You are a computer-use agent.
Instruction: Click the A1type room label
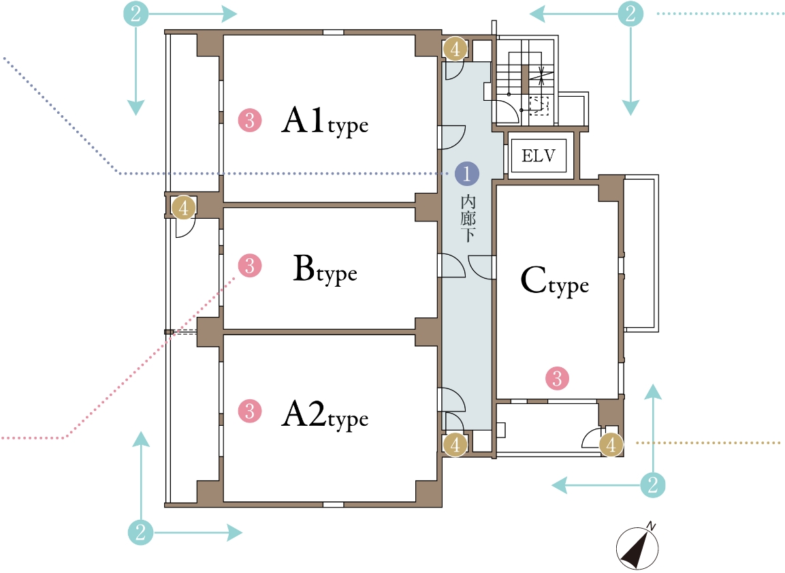(x=325, y=121)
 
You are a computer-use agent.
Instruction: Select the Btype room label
(x=325, y=270)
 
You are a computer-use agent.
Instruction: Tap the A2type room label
(x=325, y=416)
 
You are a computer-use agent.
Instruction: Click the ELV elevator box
(x=539, y=156)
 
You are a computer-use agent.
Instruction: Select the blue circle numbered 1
(x=466, y=174)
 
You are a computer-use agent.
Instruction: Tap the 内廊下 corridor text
(x=468, y=219)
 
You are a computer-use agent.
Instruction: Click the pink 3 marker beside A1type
(x=250, y=120)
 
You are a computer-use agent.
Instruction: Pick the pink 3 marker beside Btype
(x=250, y=266)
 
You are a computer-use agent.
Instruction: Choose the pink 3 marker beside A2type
(x=250, y=412)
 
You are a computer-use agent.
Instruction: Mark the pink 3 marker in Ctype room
(x=557, y=378)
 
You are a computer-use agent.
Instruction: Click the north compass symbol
(x=637, y=547)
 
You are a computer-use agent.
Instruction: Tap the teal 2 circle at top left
(x=135, y=14)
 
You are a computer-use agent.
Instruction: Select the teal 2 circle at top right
(x=630, y=14)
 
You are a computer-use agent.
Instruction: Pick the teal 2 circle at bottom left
(x=141, y=531)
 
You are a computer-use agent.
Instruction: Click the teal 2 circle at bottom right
(x=653, y=485)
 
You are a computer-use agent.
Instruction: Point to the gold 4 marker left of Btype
(x=183, y=207)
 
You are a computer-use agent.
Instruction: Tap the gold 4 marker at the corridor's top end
(x=455, y=49)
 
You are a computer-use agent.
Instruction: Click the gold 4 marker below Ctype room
(x=611, y=444)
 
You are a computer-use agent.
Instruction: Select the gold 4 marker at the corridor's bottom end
(x=455, y=444)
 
